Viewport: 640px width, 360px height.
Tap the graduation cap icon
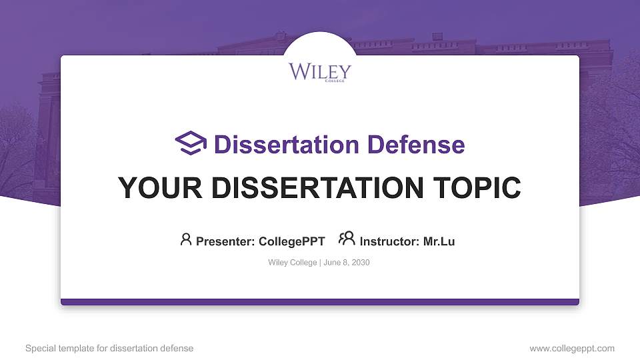(191, 143)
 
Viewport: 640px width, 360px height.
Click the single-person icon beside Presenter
(186, 239)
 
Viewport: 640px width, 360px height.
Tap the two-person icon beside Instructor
(347, 239)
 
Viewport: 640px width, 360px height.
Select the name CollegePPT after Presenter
(291, 241)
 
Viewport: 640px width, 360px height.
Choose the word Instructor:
(389, 241)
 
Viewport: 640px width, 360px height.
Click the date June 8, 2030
(347, 263)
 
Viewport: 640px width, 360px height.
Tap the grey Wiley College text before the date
(293, 263)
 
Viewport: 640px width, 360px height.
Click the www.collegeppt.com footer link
(571, 348)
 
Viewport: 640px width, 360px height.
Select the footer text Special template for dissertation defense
(109, 348)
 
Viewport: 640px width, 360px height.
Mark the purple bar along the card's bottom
(319, 302)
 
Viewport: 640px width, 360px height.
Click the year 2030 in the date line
(360, 263)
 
